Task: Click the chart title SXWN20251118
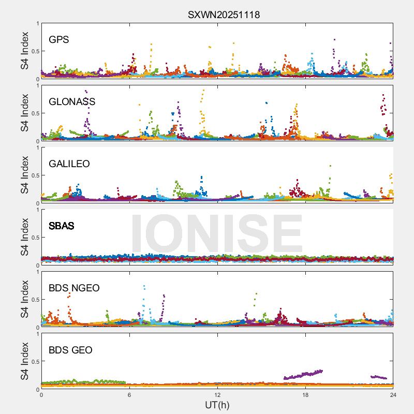[x=224, y=15]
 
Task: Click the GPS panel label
[x=59, y=39]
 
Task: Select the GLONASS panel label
[x=72, y=101]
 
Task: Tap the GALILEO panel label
[x=69, y=164]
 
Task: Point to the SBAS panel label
[x=62, y=226]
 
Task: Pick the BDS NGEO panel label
[x=74, y=288]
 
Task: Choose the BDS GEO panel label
[x=70, y=350]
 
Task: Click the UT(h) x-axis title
[x=217, y=405]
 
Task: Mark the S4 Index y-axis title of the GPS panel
[x=24, y=51]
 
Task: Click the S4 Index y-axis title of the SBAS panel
[x=24, y=238]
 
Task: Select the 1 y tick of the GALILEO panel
[x=37, y=147]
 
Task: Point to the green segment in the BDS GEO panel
[x=83, y=382]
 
